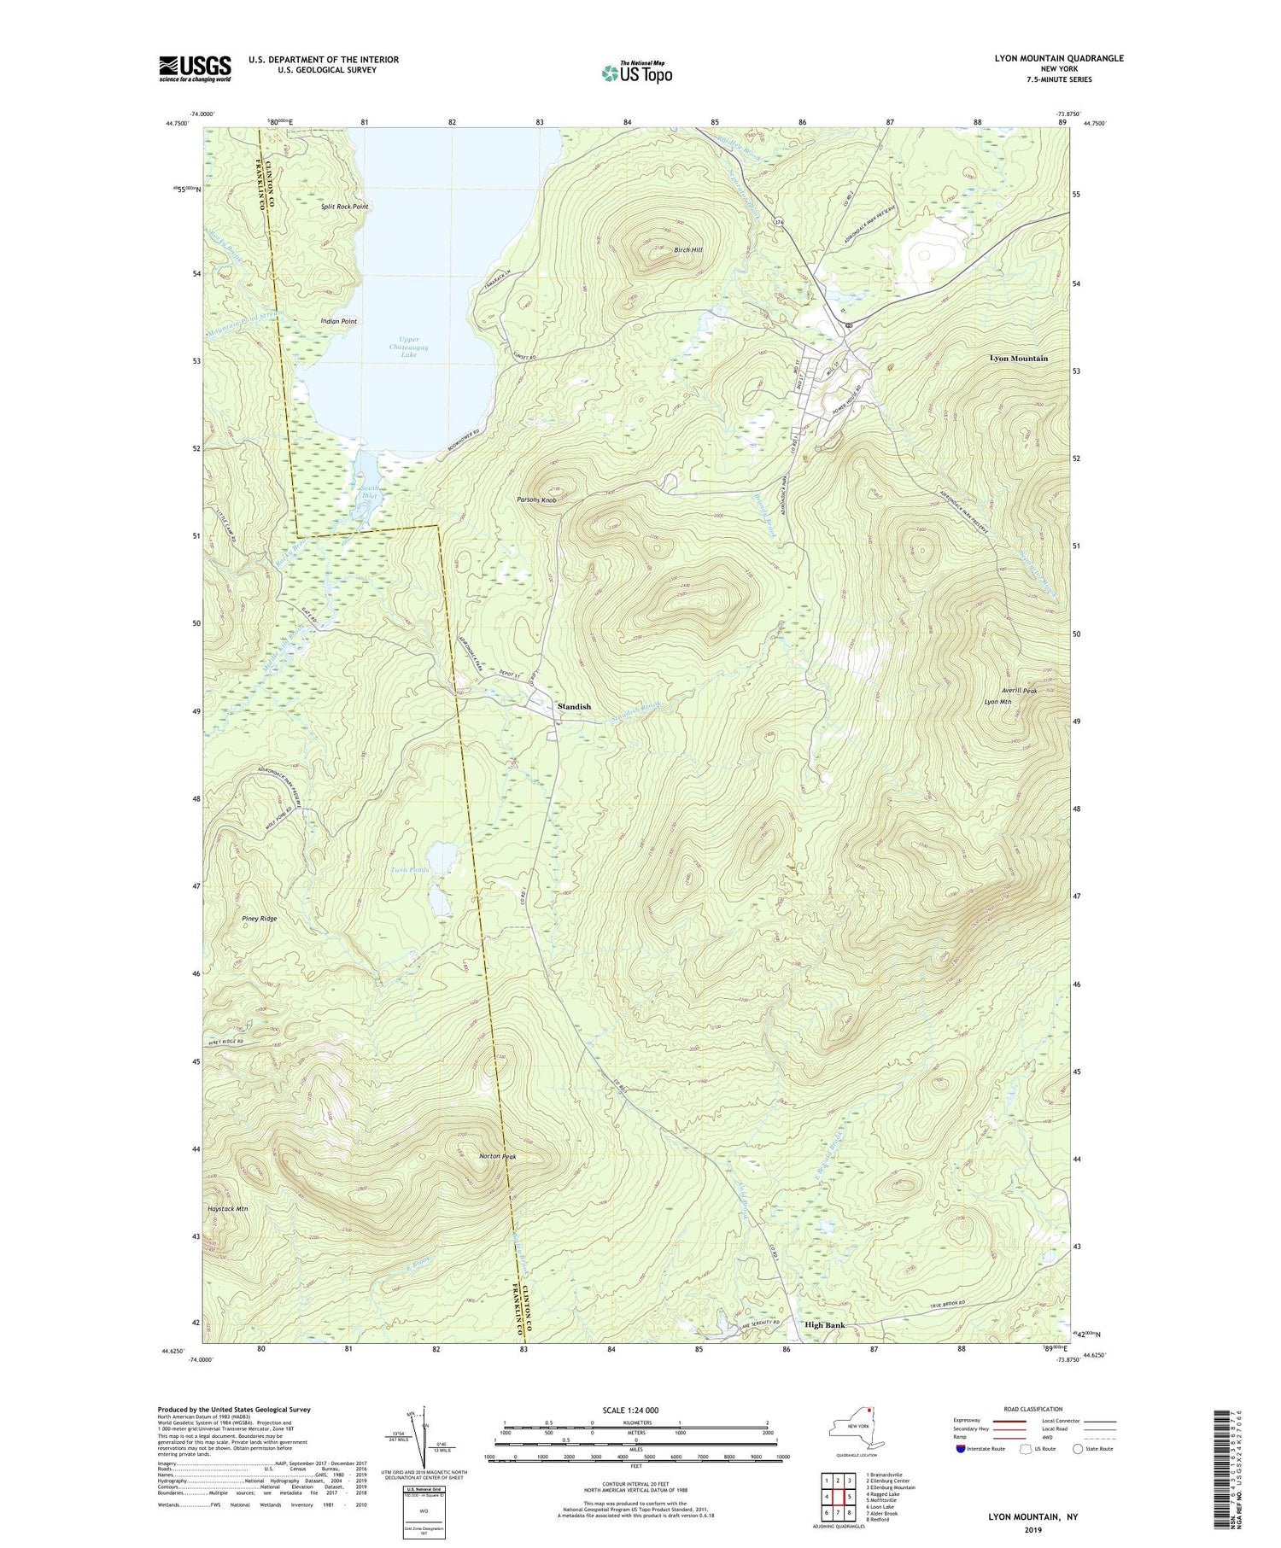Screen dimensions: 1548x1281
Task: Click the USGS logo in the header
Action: pyautogui.click(x=195, y=68)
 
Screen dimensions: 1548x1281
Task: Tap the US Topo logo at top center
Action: pyautogui.click(x=636, y=73)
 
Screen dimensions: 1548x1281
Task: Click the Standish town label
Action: pyautogui.click(x=574, y=707)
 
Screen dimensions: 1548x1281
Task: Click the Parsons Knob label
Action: pyautogui.click(x=536, y=499)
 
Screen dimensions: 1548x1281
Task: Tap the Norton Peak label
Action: pyautogui.click(x=498, y=1157)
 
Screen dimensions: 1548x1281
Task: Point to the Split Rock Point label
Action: pyautogui.click(x=345, y=207)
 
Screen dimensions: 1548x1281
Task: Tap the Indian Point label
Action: pyautogui.click(x=338, y=321)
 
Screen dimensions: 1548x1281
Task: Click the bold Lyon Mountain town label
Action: pyautogui.click(x=1018, y=359)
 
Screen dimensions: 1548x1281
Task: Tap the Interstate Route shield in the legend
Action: pyautogui.click(x=962, y=1449)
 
